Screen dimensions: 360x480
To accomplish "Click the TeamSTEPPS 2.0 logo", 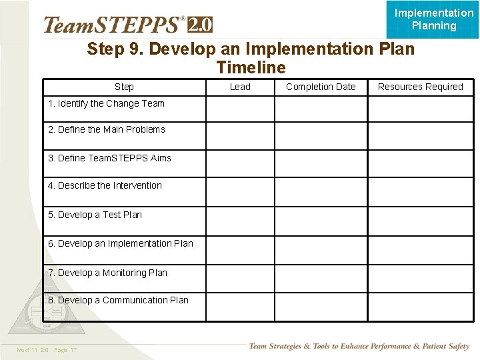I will pyautogui.click(x=128, y=25).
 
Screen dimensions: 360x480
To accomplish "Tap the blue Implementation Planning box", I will pyautogui.click(x=433, y=19).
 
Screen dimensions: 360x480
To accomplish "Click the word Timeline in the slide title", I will pyautogui.click(x=251, y=67).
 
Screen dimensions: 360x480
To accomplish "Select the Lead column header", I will pyautogui.click(x=240, y=87).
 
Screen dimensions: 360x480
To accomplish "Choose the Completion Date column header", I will pyautogui.click(x=321, y=87).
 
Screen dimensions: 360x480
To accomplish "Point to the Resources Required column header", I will pyautogui.click(x=420, y=87).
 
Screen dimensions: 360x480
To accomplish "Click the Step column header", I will pyautogui.click(x=124, y=87).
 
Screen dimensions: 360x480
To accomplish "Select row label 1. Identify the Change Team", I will pyautogui.click(x=106, y=103).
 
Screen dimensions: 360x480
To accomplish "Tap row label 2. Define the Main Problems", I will pyautogui.click(x=106, y=129).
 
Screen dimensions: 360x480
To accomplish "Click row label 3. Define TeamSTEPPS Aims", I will pyautogui.click(x=109, y=158).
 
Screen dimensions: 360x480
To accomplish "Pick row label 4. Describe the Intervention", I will pyautogui.click(x=105, y=185).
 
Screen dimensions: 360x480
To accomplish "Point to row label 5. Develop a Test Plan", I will pyautogui.click(x=95, y=215).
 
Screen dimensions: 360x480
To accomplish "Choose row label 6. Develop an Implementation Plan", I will pyautogui.click(x=120, y=243).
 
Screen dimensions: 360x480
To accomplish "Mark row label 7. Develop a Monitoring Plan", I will pyautogui.click(x=107, y=273).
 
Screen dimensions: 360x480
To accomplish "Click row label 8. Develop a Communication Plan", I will pyautogui.click(x=118, y=300).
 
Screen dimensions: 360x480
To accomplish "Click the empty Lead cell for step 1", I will pyautogui.click(x=240, y=109).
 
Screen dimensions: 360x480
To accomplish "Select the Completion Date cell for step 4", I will pyautogui.click(x=321, y=191).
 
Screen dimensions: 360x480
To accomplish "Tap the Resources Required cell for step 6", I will pyautogui.click(x=420, y=249).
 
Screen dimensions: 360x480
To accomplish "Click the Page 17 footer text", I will pyautogui.click(x=65, y=350).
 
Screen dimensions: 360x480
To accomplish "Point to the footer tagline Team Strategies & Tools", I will pyautogui.click(x=359, y=346).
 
